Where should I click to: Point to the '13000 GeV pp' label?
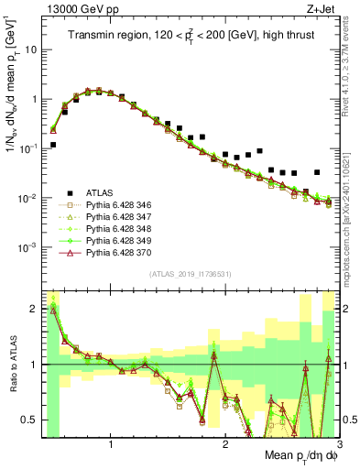coord(71,9)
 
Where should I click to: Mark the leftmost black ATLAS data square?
coord(53,145)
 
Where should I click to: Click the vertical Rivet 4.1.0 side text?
coord(349,82)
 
